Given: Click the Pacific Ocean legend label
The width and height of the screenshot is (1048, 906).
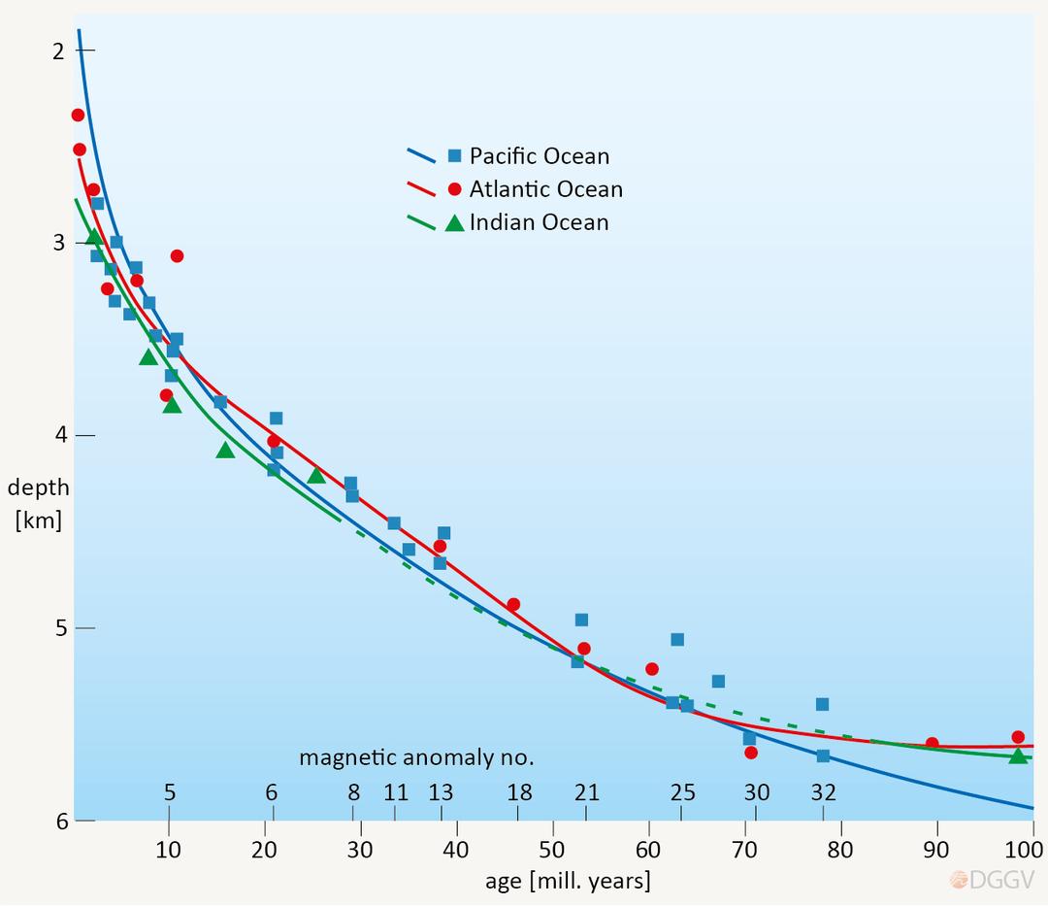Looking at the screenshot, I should (540, 156).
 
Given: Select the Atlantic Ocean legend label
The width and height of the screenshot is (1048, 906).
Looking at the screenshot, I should (545, 189).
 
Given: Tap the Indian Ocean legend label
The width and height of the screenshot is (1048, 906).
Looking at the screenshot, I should (539, 222).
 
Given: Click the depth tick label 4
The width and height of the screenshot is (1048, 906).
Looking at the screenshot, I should (60, 435).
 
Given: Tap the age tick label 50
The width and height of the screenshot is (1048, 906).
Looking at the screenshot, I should (552, 850).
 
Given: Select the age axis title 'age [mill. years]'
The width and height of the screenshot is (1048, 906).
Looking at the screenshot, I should (568, 882).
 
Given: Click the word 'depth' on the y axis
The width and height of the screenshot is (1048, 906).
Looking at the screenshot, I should (38, 487).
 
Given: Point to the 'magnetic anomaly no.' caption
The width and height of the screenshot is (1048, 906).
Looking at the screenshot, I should (416, 756).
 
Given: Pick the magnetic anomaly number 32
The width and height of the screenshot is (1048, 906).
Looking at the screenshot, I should (823, 792).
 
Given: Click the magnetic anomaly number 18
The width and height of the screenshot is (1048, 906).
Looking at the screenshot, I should (519, 792).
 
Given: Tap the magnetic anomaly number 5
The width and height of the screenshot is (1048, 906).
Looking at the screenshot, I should (170, 792).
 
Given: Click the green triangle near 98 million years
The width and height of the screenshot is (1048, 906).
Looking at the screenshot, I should (1018, 755).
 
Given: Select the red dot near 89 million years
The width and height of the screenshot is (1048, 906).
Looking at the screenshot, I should (932, 744).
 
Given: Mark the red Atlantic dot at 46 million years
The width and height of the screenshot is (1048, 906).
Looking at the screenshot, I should (513, 604).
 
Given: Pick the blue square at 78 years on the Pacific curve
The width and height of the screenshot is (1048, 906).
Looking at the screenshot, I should (823, 755).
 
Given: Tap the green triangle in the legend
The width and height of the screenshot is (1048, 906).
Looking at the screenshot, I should (454, 222).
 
